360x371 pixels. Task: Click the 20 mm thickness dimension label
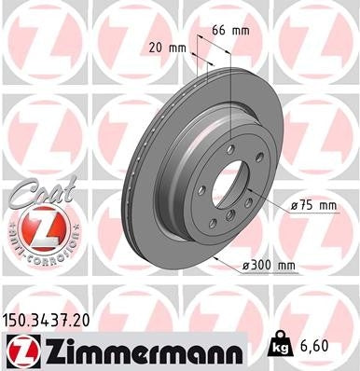point(163,47)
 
